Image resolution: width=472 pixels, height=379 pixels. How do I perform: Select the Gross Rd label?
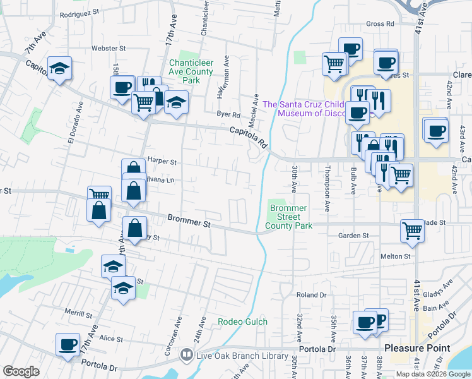pyautogui.click(x=380, y=24)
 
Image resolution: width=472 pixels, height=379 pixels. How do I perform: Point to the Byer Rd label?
pyautogui.click(x=228, y=115)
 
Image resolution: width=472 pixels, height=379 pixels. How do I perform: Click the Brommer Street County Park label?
pyautogui.click(x=288, y=217)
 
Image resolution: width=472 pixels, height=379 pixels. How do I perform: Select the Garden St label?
pyautogui.click(x=353, y=236)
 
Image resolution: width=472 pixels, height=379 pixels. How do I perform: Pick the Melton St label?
pyautogui.click(x=395, y=256)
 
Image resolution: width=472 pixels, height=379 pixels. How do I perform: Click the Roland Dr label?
pyautogui.click(x=311, y=295)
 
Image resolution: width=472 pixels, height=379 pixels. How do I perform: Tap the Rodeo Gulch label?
pyautogui.click(x=243, y=322)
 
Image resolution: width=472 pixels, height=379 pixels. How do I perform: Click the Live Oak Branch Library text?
pyautogui.click(x=242, y=356)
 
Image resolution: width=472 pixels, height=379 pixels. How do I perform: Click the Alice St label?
pyautogui.click(x=110, y=339)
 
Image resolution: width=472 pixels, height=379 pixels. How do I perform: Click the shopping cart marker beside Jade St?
pyautogui.click(x=412, y=231)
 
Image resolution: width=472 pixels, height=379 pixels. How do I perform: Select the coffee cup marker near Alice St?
pyautogui.click(x=68, y=345)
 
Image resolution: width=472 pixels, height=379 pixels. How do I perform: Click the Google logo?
pyautogui.click(x=21, y=371)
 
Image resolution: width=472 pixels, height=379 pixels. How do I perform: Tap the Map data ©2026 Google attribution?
pyautogui.click(x=433, y=374)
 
